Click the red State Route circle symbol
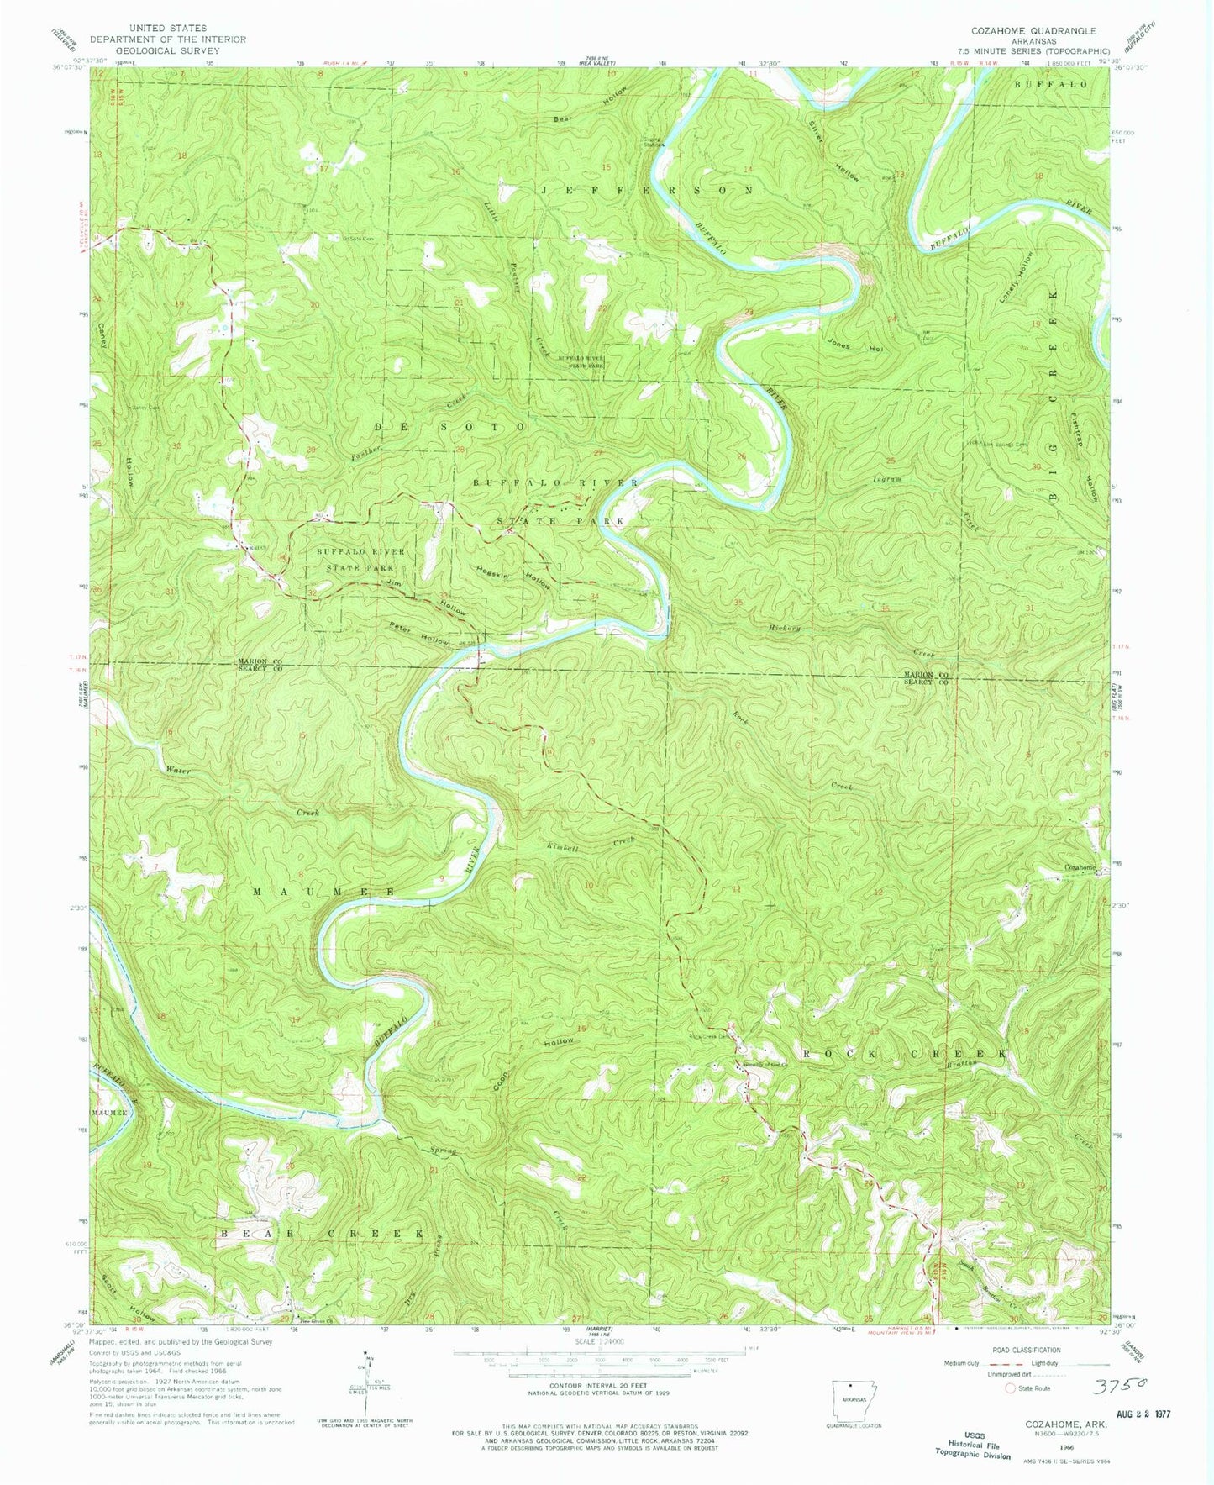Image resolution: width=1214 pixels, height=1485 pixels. tap(1011, 1388)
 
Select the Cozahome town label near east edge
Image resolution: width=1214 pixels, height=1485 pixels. tap(1081, 867)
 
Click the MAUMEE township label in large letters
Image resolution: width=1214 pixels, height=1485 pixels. tap(323, 890)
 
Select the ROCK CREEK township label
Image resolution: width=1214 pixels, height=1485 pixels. tap(904, 1053)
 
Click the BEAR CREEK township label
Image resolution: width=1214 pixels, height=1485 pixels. tap(323, 1232)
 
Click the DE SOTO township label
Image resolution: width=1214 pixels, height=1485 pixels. tap(449, 427)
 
